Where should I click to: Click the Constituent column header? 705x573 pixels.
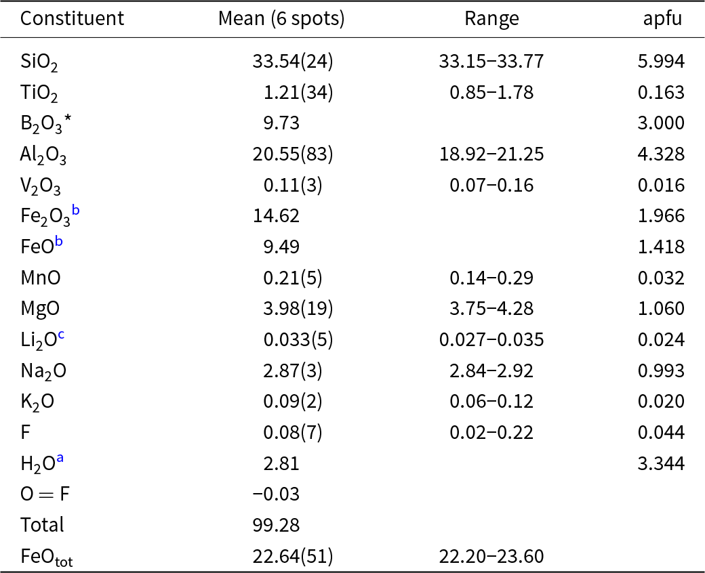pos(72,19)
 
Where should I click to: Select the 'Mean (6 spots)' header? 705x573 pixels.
pos(281,19)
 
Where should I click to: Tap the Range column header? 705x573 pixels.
pos(491,19)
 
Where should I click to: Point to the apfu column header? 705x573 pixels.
pos(663,19)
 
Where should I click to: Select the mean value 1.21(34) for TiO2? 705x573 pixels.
pos(298,93)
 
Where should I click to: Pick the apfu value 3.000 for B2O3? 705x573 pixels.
pos(661,123)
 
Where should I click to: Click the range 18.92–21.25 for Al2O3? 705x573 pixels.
pos(491,154)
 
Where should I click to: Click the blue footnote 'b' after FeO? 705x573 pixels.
pos(59,242)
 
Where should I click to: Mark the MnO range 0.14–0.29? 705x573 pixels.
pos(491,278)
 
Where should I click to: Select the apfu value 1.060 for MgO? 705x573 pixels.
pos(661,309)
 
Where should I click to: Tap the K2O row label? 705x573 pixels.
pos(37,402)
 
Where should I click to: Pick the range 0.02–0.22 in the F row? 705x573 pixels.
pos(491,432)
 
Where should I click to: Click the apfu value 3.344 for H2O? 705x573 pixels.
pos(661,463)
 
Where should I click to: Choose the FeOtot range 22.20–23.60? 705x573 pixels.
pos(491,556)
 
